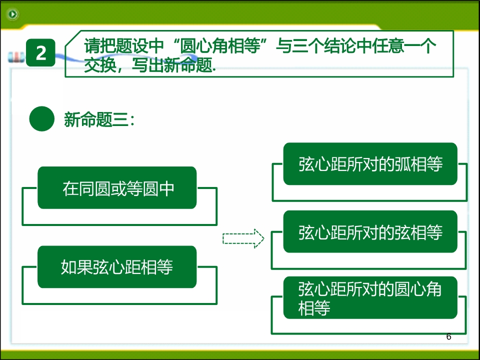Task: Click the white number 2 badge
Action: click(40, 52)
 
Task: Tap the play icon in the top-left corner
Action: click(12, 14)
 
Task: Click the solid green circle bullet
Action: click(41, 119)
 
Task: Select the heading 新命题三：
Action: click(99, 119)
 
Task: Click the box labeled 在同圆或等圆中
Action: click(117, 187)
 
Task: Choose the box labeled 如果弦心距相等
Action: click(117, 267)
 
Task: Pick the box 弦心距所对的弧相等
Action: click(370, 164)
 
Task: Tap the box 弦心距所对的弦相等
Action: click(370, 231)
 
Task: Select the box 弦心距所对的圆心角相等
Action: click(370, 297)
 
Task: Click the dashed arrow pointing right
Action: click(243, 238)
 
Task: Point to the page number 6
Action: click(449, 336)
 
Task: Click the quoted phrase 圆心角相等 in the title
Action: click(220, 45)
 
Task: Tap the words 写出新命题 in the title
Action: click(172, 65)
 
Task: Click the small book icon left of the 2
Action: click(16, 57)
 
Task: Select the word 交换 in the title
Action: click(100, 65)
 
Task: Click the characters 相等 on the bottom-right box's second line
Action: click(314, 308)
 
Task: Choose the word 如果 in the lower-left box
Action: click(76, 267)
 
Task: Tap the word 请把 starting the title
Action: click(100, 45)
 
